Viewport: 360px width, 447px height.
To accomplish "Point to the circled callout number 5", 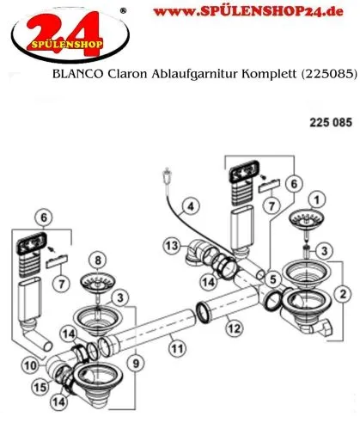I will [x=272, y=279].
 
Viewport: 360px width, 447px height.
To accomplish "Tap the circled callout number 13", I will [x=172, y=247].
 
